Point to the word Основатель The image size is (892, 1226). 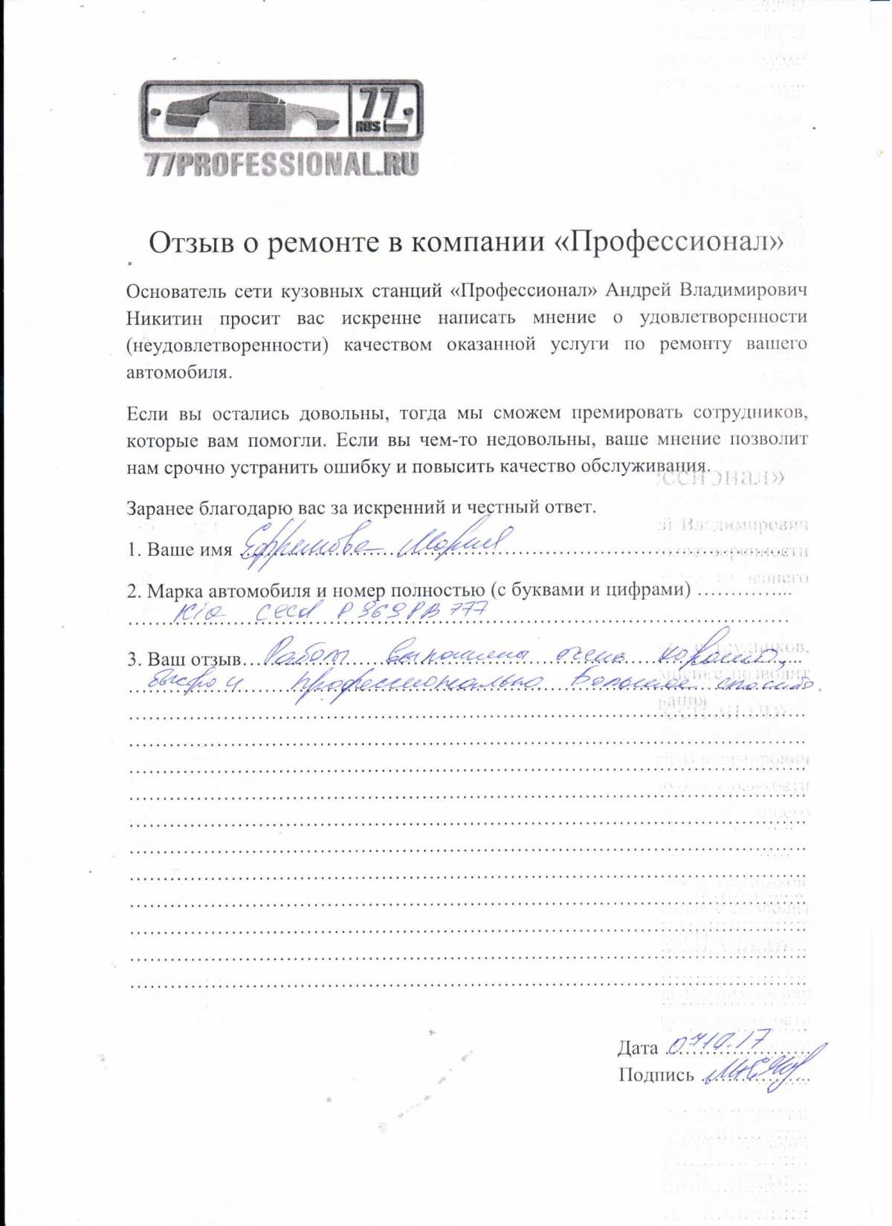(x=175, y=291)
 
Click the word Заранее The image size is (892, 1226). (x=160, y=508)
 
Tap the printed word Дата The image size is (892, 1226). (x=638, y=1048)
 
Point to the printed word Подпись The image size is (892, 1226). (x=656, y=1075)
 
